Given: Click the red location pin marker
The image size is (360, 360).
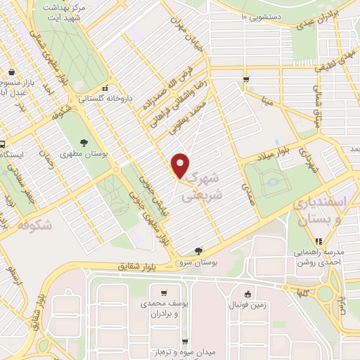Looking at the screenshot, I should (x=181, y=164).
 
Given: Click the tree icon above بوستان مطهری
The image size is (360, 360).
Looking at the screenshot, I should (x=84, y=141).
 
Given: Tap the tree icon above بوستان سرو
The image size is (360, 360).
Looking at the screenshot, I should (x=199, y=250).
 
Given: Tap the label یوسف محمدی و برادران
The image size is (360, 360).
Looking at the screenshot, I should (x=163, y=310).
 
